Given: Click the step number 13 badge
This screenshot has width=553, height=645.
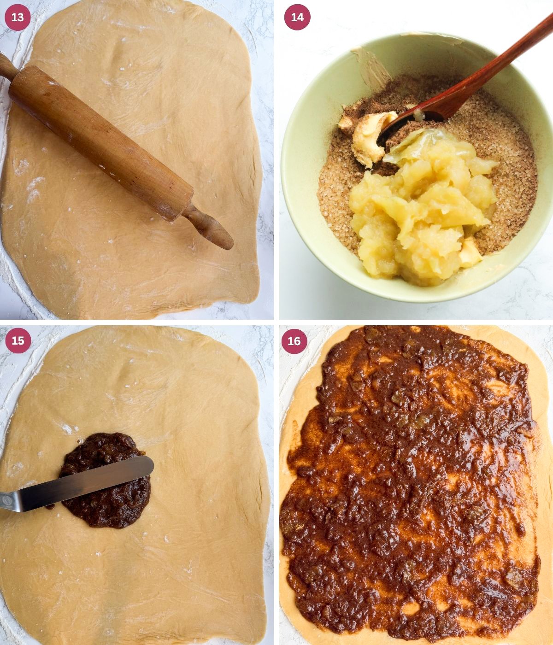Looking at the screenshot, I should pos(18,18).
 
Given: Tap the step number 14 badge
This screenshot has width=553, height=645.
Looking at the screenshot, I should pos(297,18).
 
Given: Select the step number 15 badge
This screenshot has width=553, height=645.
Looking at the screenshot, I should pos(18,340).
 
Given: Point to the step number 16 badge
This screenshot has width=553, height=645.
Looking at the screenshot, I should pos(294,341).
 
